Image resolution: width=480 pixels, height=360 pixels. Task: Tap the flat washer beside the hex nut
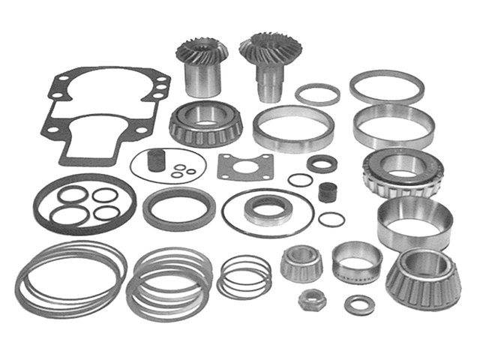pyautogui.click(x=359, y=304)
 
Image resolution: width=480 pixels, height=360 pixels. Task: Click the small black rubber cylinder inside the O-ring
pyautogui.click(x=156, y=160)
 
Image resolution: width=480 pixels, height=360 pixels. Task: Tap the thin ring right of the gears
pyautogui.click(x=317, y=94)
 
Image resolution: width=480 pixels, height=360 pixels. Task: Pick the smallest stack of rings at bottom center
pyautogui.click(x=244, y=276)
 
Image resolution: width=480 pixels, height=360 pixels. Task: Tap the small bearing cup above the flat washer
pyautogui.click(x=356, y=261)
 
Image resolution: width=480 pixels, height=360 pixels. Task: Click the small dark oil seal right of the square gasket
pyautogui.click(x=322, y=163)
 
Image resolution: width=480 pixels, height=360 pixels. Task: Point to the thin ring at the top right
pyautogui.click(x=386, y=86)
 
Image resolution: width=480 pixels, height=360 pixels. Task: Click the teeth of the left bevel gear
pyautogui.click(x=196, y=53)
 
